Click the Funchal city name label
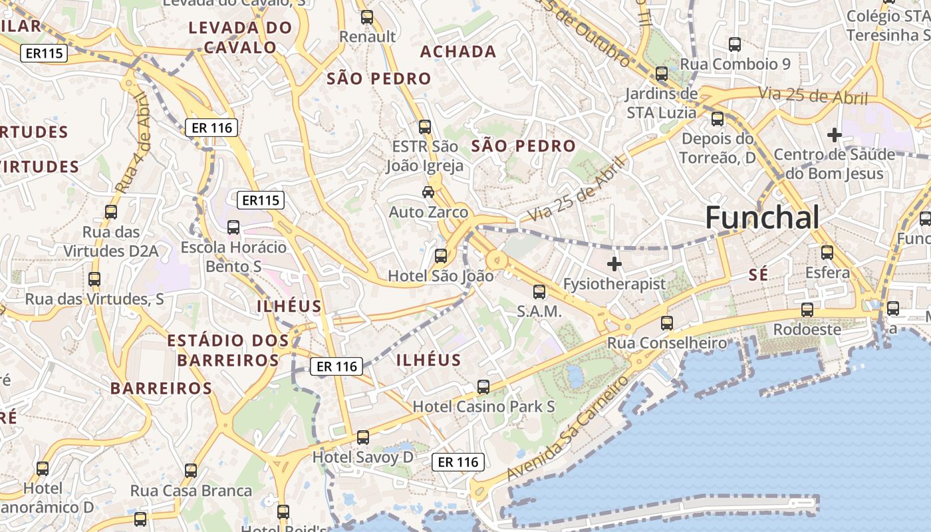761,217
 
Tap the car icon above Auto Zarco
428,192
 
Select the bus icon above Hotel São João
440,256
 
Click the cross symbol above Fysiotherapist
614,264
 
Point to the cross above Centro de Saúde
834,135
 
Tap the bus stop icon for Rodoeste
807,310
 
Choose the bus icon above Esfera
827,253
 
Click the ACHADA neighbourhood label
458,51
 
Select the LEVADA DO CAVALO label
240,37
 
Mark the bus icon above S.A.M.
539,291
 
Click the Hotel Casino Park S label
483,406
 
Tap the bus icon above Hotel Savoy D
362,438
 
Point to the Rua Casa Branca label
191,491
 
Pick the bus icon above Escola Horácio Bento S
233,227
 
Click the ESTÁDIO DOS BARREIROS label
228,350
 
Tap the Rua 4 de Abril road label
133,144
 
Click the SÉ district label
758,275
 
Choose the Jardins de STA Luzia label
661,103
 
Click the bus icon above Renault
366,17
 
